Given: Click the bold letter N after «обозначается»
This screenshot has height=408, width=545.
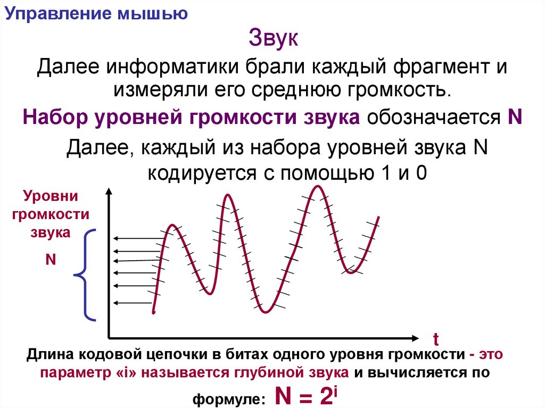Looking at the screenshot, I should (x=514, y=116).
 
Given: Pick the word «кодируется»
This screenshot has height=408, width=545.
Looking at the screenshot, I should (x=194, y=173).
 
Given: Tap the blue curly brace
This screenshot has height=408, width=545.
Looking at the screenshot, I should (x=85, y=275).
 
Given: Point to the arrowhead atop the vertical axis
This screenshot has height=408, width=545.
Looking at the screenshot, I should (x=109, y=191).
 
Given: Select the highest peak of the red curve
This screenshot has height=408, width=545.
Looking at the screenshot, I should (x=318, y=186).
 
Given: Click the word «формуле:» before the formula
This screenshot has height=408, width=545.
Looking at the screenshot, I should (x=234, y=398).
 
